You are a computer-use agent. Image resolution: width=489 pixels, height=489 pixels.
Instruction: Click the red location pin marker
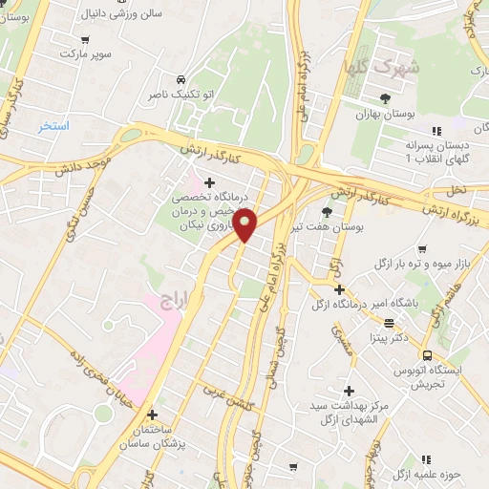[245, 224]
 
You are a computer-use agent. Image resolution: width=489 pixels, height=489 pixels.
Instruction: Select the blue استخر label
[53, 126]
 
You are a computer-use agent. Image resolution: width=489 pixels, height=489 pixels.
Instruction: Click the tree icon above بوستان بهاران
[385, 98]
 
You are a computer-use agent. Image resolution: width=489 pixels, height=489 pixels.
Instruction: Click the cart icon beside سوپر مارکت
[87, 40]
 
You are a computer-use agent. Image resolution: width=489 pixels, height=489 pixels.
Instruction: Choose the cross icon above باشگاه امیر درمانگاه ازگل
[339, 289]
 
